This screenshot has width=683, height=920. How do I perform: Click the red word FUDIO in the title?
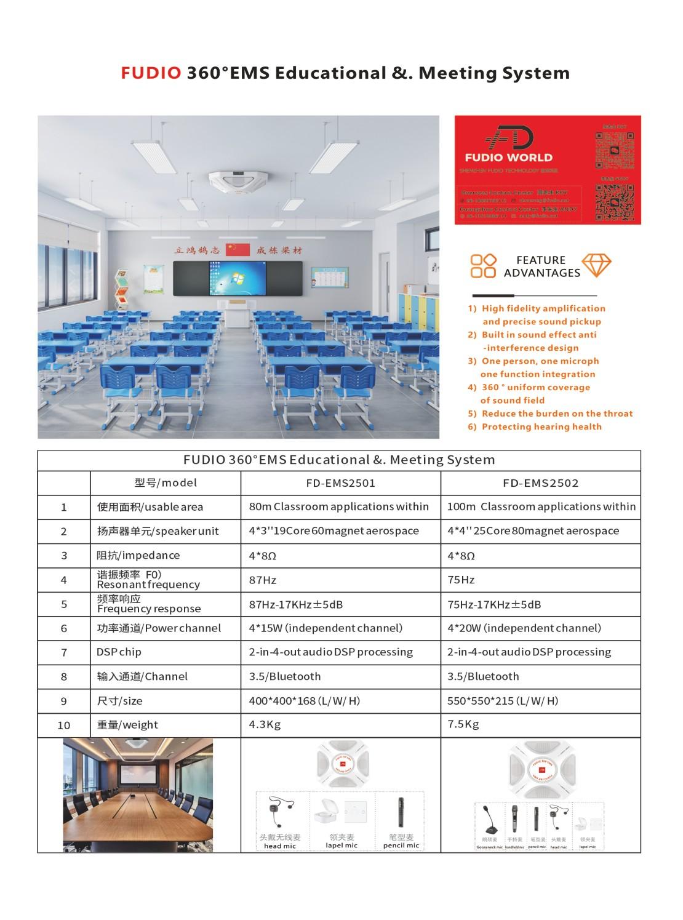point(151,73)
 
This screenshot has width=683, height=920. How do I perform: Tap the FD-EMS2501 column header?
point(340,483)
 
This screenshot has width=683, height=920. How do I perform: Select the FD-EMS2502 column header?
point(540,483)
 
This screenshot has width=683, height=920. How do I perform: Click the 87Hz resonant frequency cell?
point(263,580)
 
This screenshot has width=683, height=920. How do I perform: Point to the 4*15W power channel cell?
point(326,628)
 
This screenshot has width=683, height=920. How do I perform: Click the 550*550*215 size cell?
point(503,701)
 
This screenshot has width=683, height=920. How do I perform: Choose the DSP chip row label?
point(119,652)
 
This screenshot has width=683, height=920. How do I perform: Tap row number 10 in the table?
point(64,726)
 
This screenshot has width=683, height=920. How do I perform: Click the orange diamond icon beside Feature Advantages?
point(596,265)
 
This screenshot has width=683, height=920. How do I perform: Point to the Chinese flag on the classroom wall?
point(238,249)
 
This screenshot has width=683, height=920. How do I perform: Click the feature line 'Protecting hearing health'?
point(541,426)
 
